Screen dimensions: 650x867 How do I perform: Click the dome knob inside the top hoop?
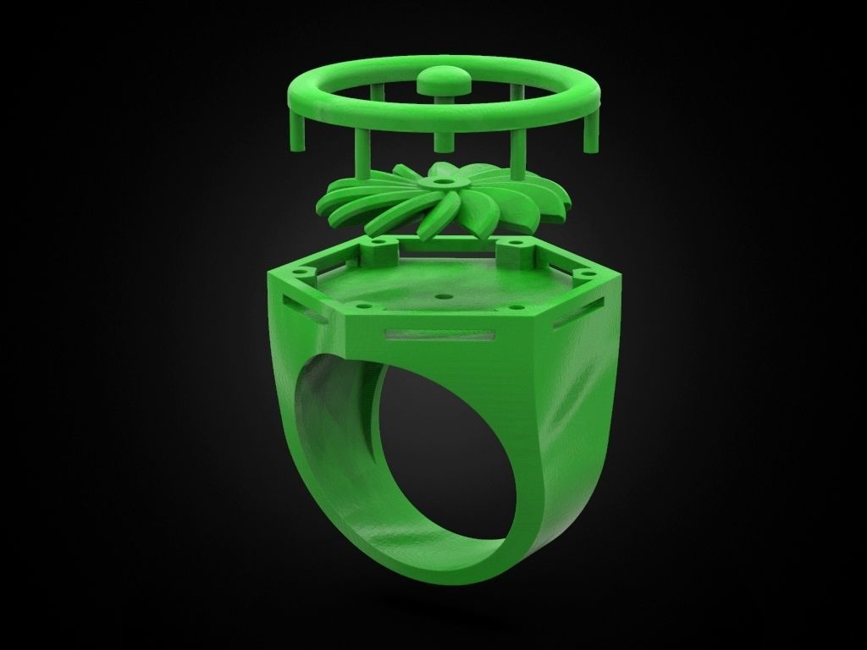click(444, 80)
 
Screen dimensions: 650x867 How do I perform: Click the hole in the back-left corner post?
click(379, 241)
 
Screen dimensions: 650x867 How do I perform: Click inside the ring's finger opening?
click(440, 449)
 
